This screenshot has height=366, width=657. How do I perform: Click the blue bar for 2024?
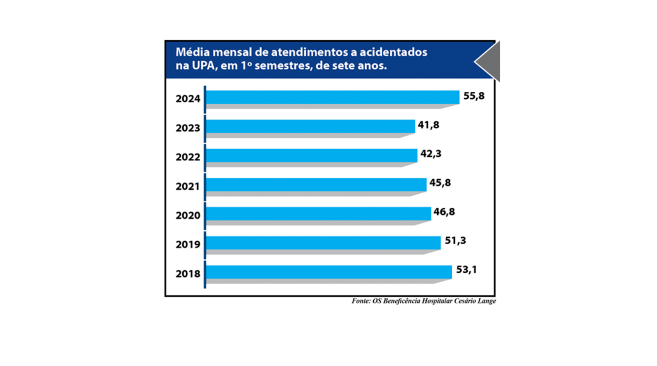point(333,97)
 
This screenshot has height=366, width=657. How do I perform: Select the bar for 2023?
point(310,126)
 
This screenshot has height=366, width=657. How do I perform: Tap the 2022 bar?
point(311,155)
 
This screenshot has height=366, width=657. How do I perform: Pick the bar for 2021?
point(316,185)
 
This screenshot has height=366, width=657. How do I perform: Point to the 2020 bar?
point(318,214)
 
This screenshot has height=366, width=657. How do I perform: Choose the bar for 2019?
point(323,243)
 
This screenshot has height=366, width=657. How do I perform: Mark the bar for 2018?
point(328,272)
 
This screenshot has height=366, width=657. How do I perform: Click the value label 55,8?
point(474,96)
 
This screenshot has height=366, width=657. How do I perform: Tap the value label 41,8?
point(428,125)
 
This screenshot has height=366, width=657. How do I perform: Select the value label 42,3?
point(431,154)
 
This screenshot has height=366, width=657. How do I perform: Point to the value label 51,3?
point(455,241)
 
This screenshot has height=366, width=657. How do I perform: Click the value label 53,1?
point(466,270)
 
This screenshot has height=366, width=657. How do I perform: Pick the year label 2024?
point(188,99)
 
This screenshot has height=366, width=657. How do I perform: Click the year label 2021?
point(188,187)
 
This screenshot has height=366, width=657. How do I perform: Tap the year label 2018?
point(188,274)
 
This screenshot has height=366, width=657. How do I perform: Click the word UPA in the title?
point(204,66)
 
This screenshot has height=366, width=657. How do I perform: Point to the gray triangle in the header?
point(491,62)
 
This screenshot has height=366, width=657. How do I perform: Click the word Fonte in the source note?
point(361,301)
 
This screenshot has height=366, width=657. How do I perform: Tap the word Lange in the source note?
point(487,301)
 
